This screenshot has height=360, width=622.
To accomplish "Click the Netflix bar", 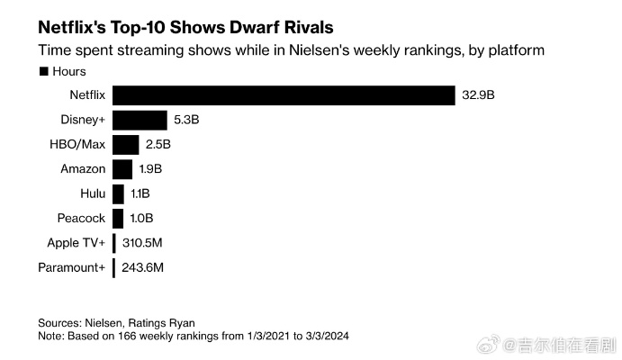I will pyautogui.click(x=284, y=94).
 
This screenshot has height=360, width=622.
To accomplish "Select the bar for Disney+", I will pyautogui.click(x=140, y=120).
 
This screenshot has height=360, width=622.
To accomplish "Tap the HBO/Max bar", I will pyautogui.click(x=126, y=144).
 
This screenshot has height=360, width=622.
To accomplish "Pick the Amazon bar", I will pyautogui.click(x=122, y=168).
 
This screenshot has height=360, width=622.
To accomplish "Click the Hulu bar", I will pyautogui.click(x=118, y=193).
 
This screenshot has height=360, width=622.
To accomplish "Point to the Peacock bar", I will pyautogui.click(x=118, y=218).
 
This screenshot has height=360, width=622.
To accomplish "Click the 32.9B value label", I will pyautogui.click(x=479, y=94).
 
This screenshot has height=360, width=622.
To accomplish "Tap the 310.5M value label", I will pyautogui.click(x=141, y=243).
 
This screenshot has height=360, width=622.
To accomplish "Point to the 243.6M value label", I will pyautogui.click(x=141, y=267).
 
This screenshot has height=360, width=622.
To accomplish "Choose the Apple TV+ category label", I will pyautogui.click(x=77, y=243).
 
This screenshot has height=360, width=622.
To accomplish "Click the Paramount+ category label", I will pyautogui.click(x=72, y=267).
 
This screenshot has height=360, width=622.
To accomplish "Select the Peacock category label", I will pyautogui.click(x=81, y=218).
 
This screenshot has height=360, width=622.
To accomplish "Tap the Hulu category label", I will pyautogui.click(x=93, y=193).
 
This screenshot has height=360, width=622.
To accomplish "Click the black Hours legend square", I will pyautogui.click(x=42, y=71).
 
